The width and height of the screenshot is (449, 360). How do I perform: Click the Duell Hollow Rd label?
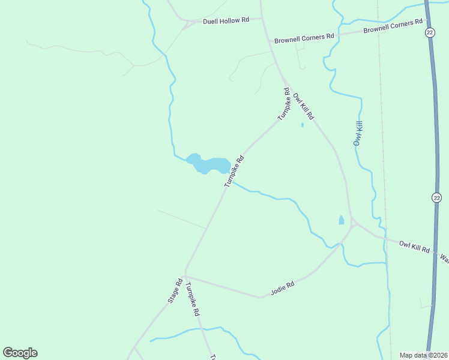point(226,20)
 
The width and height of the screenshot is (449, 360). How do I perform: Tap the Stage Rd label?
point(175,290)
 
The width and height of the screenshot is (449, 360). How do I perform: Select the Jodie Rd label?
point(282,288)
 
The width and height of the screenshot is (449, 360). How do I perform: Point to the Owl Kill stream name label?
point(358,134)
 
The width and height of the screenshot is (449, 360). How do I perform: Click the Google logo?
point(20,353)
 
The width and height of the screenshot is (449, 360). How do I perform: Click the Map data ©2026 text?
point(423,355)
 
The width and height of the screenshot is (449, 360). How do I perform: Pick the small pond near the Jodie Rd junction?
point(342,220)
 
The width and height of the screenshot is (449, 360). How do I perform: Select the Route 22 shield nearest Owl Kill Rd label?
point(436,197)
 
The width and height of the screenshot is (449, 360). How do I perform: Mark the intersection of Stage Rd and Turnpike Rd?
point(185,275)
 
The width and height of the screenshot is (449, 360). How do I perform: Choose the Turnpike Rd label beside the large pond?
point(235,172)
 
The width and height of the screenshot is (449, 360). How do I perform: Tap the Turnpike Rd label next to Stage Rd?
point(193,299)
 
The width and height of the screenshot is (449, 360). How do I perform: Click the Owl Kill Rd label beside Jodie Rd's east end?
point(415,247)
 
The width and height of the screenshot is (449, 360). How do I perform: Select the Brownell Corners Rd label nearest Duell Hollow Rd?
point(304,38)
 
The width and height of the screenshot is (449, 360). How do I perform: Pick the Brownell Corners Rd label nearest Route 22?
point(393,26)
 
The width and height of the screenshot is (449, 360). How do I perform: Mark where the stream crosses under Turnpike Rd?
point(231,181)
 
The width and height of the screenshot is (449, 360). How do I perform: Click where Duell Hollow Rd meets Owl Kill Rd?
point(262,19)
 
